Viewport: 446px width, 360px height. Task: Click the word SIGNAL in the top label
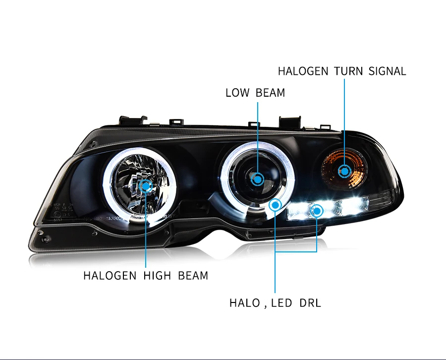(x=387, y=71)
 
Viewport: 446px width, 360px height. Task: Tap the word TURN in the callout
(x=348, y=71)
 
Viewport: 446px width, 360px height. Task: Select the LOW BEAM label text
(x=255, y=92)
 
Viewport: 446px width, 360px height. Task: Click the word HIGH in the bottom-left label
(x=157, y=275)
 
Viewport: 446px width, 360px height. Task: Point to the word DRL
(x=310, y=302)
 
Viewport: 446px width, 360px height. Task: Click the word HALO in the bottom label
(x=245, y=302)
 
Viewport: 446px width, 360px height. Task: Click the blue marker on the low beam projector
(x=258, y=179)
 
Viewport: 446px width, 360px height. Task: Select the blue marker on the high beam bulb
(x=146, y=186)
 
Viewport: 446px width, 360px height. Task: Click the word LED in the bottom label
(x=282, y=302)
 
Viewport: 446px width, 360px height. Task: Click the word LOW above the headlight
(x=237, y=92)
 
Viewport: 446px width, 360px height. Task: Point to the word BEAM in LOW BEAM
(x=271, y=92)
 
